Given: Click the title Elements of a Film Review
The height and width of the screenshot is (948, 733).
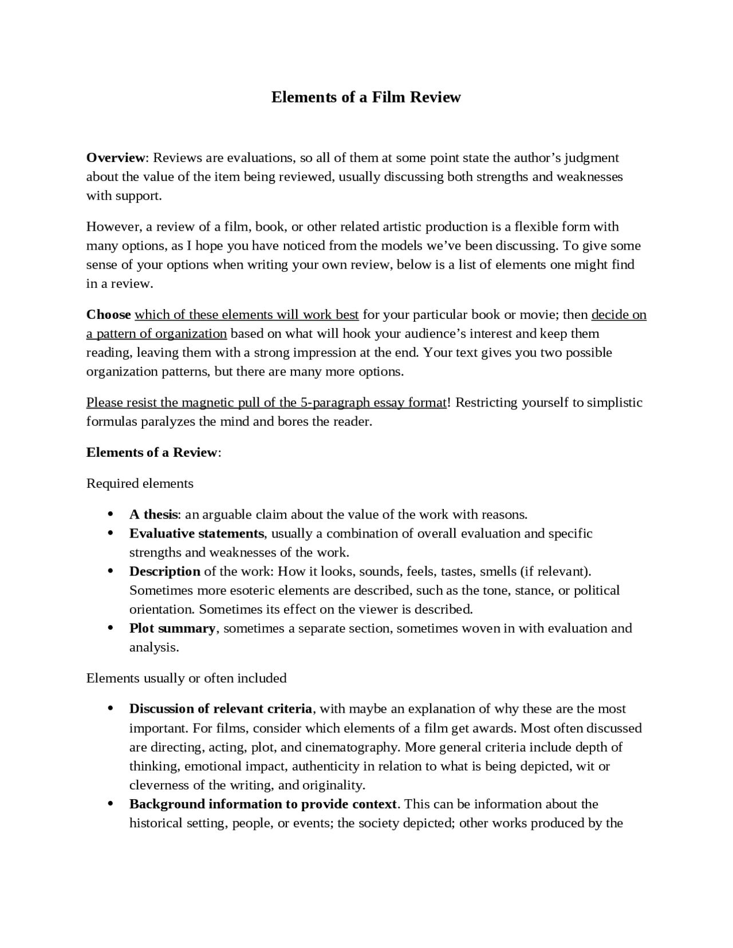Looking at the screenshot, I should [x=365, y=97].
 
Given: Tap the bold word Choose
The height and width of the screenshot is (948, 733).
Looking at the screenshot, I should [x=108, y=314].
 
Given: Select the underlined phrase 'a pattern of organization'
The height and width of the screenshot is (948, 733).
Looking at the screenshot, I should [x=156, y=333].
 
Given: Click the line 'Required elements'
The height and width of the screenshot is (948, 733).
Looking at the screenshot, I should [x=140, y=483].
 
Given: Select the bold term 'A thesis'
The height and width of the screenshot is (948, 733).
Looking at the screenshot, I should [x=153, y=514].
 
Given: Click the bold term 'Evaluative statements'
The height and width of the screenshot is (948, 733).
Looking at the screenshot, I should [x=196, y=533].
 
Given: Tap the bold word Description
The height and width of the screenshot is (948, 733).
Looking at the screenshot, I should [x=164, y=571].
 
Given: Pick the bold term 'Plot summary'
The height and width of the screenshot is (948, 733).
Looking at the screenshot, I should [x=172, y=628].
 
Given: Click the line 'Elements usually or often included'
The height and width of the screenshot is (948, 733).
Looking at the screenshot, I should [x=186, y=678].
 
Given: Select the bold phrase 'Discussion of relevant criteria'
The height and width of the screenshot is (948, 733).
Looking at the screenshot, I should [x=220, y=709].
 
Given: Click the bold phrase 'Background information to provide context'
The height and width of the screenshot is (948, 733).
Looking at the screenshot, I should [x=263, y=804].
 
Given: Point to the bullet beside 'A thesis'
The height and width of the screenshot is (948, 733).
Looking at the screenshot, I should [x=110, y=514].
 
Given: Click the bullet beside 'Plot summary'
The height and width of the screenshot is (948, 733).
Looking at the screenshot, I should [x=110, y=628].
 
